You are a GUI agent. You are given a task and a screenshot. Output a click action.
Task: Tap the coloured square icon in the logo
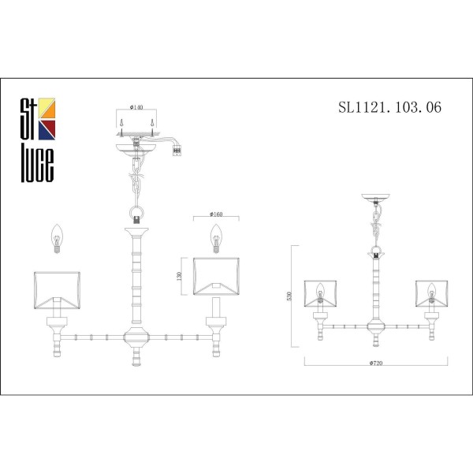(x=47, y=116)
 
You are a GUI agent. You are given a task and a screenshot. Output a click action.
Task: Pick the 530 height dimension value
(x=290, y=296)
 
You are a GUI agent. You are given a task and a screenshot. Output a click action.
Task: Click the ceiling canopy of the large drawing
(x=138, y=147)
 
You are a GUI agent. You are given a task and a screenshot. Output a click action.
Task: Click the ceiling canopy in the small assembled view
(x=375, y=198)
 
